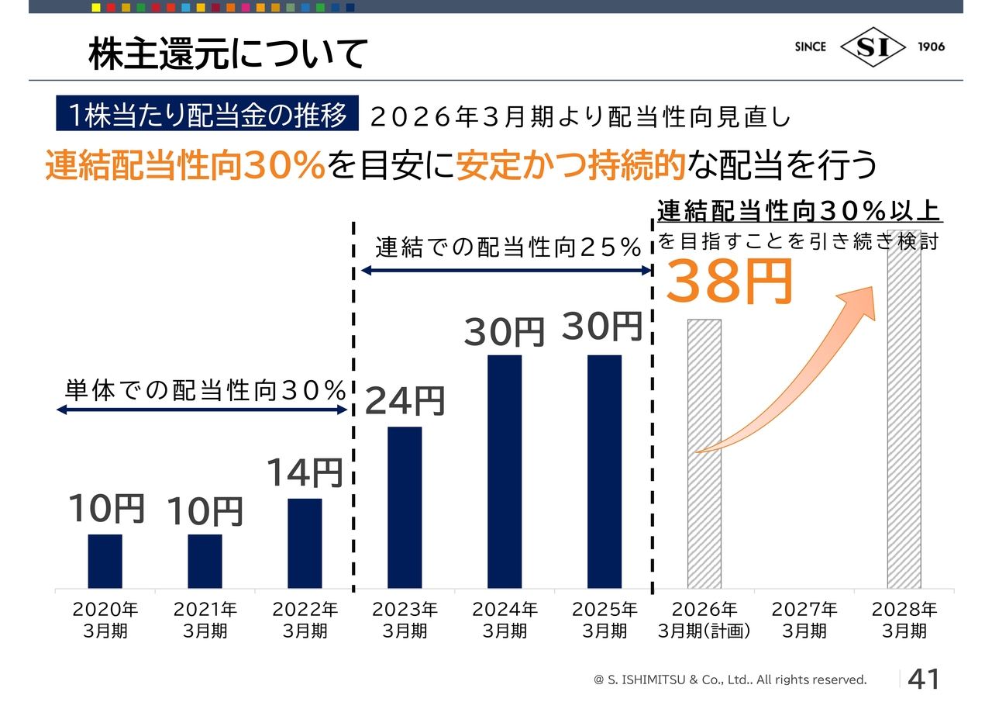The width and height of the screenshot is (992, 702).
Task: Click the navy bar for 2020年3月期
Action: tap(105, 561)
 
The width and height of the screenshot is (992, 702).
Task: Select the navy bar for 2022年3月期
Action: tap(305, 543)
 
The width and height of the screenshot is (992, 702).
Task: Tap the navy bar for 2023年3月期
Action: tap(405, 507)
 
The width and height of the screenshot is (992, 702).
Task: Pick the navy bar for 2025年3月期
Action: tap(604, 472)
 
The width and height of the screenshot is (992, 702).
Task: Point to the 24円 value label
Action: tap(405, 401)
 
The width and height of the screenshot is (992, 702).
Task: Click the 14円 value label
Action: tap(305, 472)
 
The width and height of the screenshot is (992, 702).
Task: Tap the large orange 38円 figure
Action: tap(729, 281)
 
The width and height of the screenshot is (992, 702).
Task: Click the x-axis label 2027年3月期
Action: tap(804, 620)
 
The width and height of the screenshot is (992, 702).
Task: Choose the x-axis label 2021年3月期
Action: tap(205, 620)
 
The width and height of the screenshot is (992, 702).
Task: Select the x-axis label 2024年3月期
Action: tap(505, 620)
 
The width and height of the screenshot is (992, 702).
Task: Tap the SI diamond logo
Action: tap(873, 47)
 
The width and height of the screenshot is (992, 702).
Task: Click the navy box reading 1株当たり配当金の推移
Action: tap(207, 116)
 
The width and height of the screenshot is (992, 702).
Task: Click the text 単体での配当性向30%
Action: tap(205, 391)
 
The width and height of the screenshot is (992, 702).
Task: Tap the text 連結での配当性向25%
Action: tap(508, 248)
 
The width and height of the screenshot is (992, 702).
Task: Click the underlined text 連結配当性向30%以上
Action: tap(798, 210)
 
